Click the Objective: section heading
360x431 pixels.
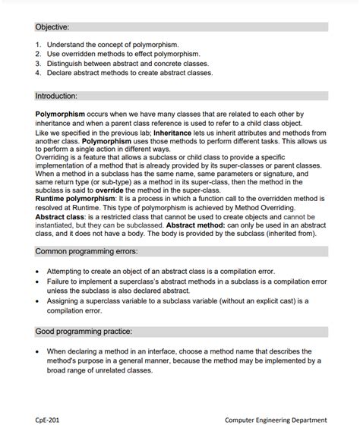(x=52, y=27)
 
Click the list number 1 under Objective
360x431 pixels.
(x=38, y=45)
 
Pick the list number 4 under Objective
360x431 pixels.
(x=38, y=73)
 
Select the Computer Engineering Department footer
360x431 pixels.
(x=276, y=419)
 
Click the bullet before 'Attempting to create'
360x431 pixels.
(x=39, y=271)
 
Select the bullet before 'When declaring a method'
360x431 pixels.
(x=39, y=351)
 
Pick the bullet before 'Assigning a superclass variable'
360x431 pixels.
(x=39, y=300)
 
